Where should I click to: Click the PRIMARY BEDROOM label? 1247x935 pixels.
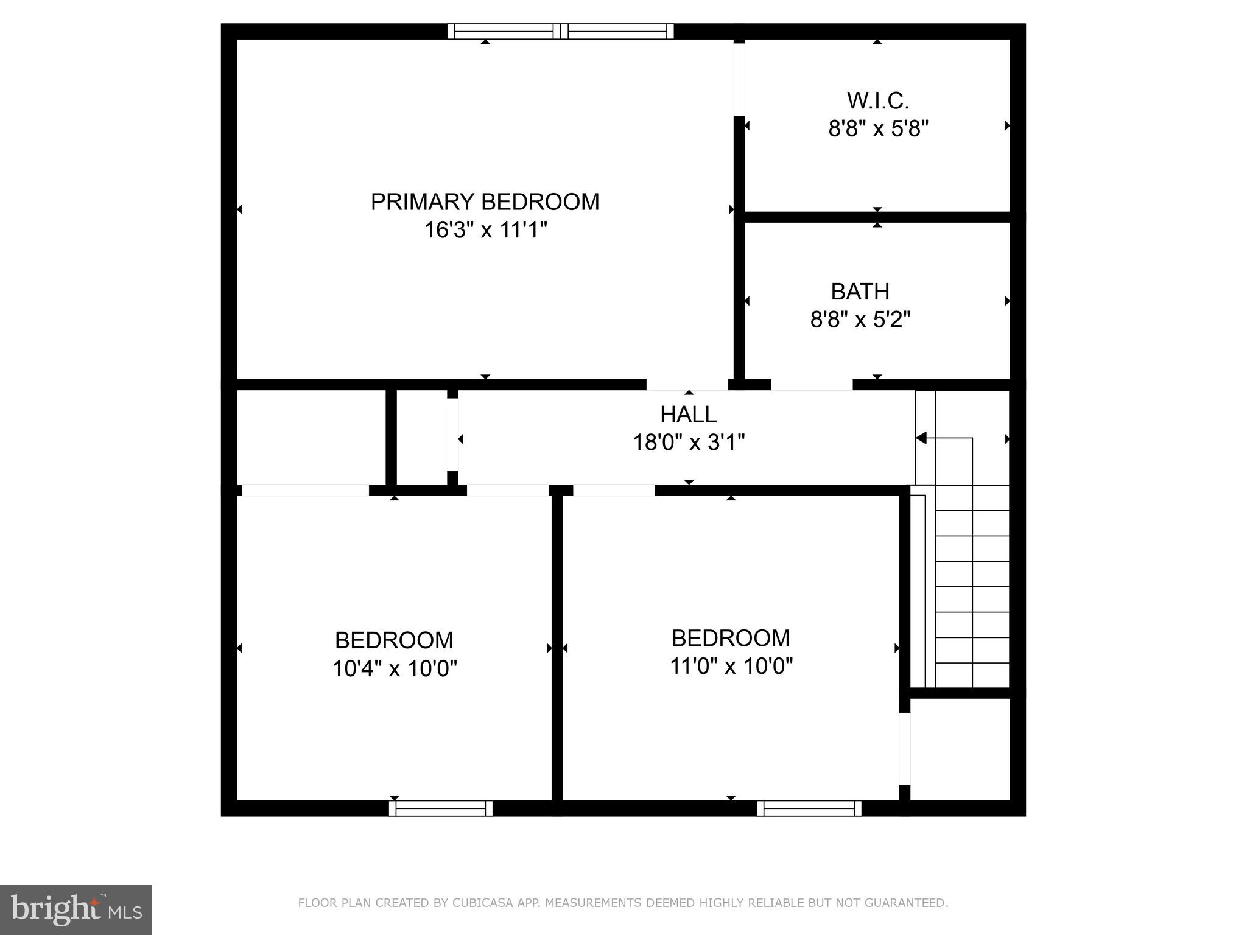tap(485, 202)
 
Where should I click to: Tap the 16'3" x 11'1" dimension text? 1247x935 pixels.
tap(485, 231)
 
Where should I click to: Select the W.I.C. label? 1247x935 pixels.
tap(877, 100)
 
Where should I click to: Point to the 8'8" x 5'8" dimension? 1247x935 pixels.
tap(877, 129)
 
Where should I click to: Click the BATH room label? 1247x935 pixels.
tap(860, 292)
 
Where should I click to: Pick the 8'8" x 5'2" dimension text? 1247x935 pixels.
tap(860, 320)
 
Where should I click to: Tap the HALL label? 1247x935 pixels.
tap(688, 415)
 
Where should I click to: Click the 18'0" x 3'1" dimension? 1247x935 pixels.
tap(688, 443)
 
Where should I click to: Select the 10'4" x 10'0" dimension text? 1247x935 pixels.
tap(394, 669)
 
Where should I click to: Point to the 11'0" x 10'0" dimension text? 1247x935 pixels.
tap(731, 667)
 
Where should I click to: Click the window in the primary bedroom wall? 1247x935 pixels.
tap(561, 31)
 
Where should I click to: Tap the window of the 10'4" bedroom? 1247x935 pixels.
tap(441, 808)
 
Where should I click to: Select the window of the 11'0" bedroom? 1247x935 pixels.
tap(809, 808)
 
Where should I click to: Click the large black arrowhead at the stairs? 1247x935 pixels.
tap(921, 438)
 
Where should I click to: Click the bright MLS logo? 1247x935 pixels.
tap(76, 909)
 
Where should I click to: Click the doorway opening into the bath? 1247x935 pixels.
tap(812, 385)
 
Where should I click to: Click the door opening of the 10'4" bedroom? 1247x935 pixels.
tap(305, 491)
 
